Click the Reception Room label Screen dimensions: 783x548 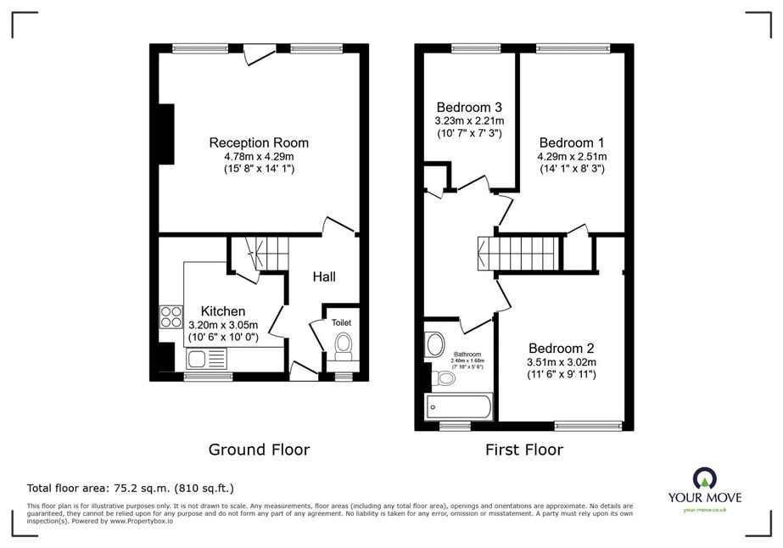click(x=259, y=143)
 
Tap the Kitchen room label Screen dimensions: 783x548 click(x=223, y=311)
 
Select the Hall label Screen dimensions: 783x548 click(x=324, y=277)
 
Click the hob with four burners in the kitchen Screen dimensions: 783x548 click(x=171, y=316)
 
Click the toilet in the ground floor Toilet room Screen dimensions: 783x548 click(x=343, y=347)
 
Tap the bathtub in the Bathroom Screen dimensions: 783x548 click(x=458, y=407)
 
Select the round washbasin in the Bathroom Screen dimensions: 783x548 click(x=434, y=344)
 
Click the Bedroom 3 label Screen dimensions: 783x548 click(x=469, y=108)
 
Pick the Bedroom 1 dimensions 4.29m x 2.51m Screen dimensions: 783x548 click(x=572, y=157)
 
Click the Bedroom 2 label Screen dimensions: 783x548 click(x=562, y=348)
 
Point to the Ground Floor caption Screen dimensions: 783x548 click(x=259, y=450)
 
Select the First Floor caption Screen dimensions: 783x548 click(x=523, y=450)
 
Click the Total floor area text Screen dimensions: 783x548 click(x=131, y=488)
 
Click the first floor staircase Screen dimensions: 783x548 click(x=518, y=254)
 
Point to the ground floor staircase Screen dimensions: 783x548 click(x=266, y=254)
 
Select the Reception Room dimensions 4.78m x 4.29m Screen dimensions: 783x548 click(x=259, y=157)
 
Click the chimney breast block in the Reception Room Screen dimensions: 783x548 click(x=166, y=134)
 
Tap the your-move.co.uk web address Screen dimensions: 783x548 click(x=705, y=510)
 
